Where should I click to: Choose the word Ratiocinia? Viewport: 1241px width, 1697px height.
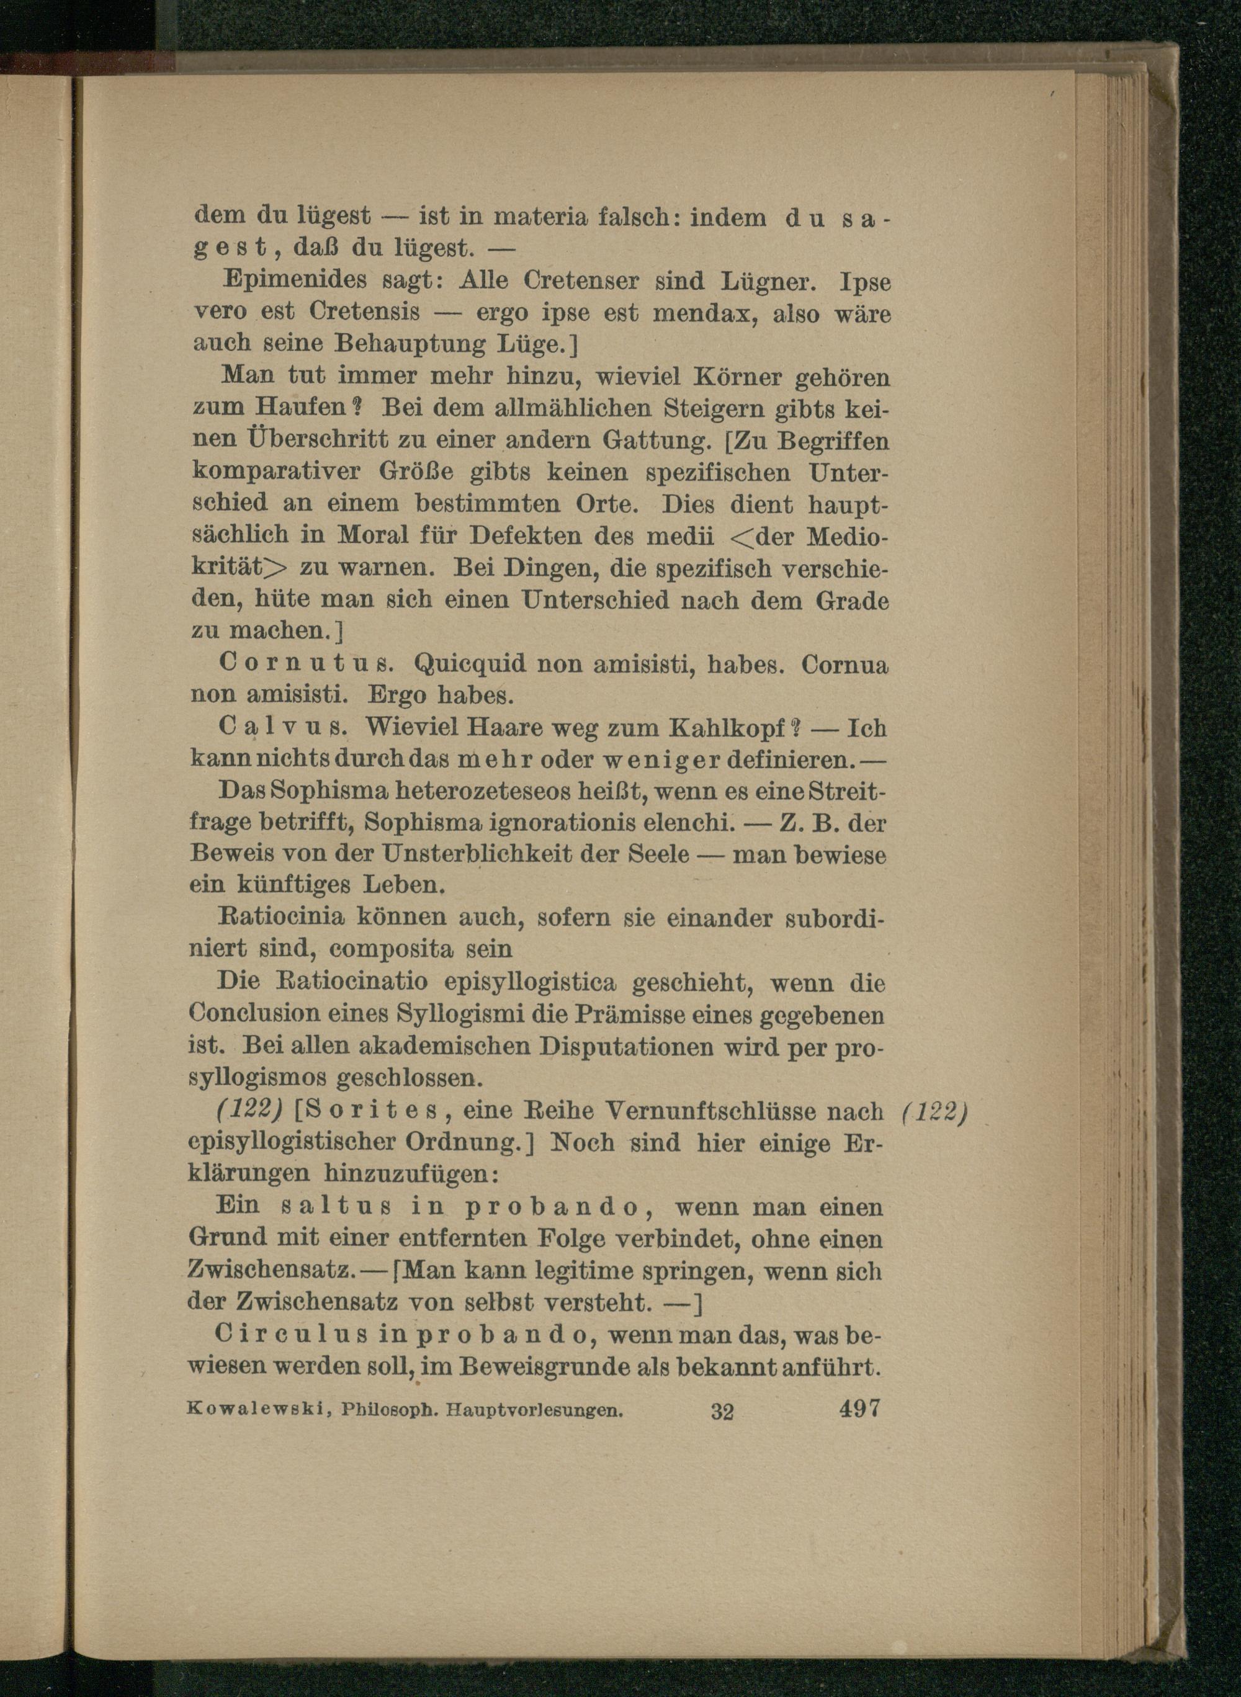click(x=281, y=917)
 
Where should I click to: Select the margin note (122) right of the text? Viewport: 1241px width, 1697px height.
click(x=934, y=1111)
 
